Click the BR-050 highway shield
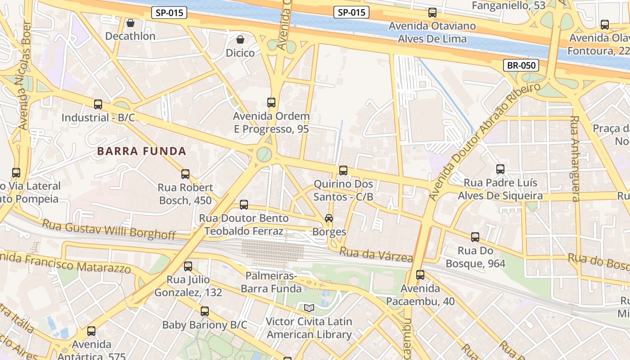click(522, 65)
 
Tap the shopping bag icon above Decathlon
click(130, 22)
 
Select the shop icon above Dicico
click(240, 40)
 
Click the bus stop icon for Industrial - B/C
click(98, 104)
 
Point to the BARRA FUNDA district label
click(142, 151)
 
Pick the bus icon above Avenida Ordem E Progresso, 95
click(271, 103)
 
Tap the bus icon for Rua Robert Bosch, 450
click(185, 174)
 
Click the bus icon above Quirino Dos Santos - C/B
click(343, 171)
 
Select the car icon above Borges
click(329, 218)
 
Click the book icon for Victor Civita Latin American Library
click(309, 308)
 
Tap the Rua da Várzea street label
click(376, 254)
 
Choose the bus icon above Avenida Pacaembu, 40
click(420, 274)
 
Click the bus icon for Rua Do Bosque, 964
click(475, 237)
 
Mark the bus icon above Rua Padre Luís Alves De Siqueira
click(500, 169)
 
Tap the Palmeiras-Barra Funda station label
click(271, 282)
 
